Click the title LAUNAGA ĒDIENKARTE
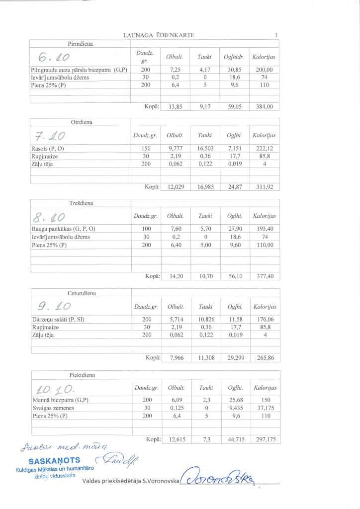(x=159, y=35)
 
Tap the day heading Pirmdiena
(x=81, y=44)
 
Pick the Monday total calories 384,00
(x=264, y=106)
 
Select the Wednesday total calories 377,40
(x=264, y=276)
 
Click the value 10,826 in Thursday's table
(x=205, y=320)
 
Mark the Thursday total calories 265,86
(x=264, y=358)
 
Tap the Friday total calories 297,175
(x=264, y=439)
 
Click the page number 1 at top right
(x=275, y=35)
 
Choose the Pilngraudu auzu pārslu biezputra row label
(x=79, y=70)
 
